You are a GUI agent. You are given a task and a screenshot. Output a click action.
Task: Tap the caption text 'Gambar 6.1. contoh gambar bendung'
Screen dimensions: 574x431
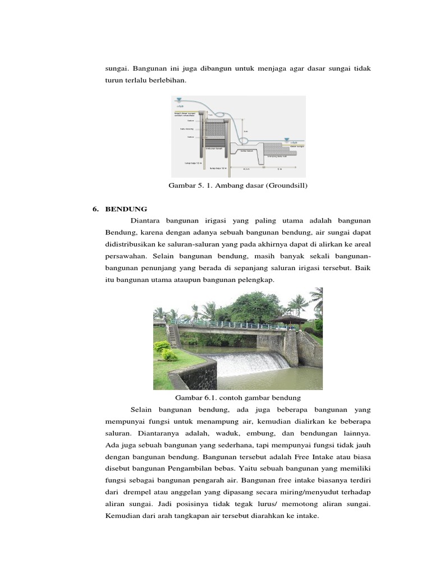[239, 397]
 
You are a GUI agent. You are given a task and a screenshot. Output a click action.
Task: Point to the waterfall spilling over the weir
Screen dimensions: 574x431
[246, 363]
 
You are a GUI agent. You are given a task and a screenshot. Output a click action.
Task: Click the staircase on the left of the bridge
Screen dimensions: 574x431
[175, 336]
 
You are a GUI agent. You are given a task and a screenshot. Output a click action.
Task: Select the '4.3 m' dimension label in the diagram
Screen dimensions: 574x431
[246, 168]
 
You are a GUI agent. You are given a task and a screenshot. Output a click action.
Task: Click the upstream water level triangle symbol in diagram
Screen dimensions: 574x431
[179, 100]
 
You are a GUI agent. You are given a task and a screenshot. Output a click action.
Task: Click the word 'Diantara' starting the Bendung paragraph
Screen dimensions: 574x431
[144, 220]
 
